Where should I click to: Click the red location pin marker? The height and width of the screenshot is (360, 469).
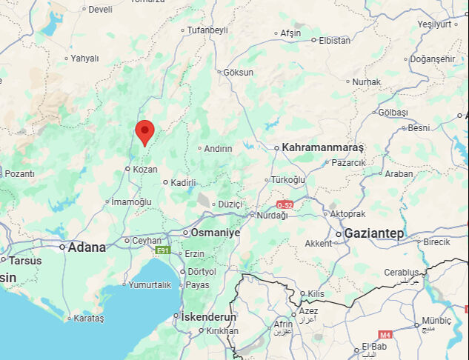[144, 132]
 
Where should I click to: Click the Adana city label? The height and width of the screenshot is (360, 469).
[87, 247]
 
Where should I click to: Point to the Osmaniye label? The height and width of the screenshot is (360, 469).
[216, 233]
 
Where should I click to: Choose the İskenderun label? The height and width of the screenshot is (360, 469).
[209, 317]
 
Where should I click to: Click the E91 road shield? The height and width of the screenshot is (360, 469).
[162, 251]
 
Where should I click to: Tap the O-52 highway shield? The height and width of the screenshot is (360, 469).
[285, 204]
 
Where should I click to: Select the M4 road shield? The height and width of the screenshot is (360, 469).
[385, 335]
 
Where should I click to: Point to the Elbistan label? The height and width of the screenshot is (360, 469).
[334, 40]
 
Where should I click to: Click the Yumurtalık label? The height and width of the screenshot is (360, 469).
[150, 284]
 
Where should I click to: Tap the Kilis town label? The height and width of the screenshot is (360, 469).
[316, 294]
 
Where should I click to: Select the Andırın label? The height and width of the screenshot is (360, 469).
[219, 148]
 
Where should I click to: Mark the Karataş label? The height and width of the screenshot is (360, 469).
[90, 318]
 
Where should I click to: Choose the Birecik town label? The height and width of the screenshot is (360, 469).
[437, 241]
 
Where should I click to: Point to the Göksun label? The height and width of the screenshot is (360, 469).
[239, 73]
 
